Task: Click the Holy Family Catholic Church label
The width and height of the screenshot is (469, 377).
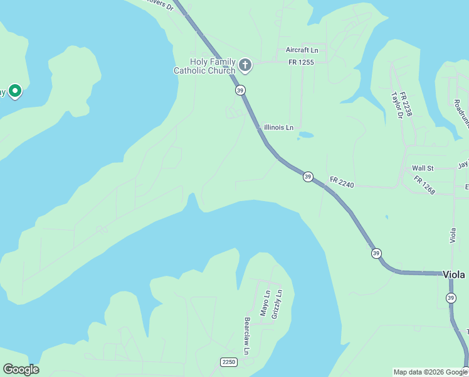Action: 204,66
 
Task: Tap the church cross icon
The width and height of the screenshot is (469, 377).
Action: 245,65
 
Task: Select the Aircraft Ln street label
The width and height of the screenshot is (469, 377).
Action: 302,50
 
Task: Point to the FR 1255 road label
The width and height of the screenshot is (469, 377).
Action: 301,62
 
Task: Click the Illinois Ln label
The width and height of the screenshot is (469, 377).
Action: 278,128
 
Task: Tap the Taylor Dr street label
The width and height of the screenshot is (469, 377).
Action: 396,106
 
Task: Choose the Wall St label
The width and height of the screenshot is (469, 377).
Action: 423,168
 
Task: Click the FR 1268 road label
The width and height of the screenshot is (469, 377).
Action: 424,185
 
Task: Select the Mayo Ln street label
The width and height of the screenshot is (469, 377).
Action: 265,303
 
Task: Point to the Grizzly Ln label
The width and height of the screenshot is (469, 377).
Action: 276,304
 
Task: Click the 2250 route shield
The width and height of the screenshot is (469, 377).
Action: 228,362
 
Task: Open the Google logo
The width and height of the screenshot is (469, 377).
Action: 21,369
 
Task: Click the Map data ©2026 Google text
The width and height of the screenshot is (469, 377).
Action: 430,372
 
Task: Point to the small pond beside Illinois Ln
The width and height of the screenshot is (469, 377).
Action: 306,134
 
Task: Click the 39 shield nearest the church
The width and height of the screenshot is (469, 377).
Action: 241,90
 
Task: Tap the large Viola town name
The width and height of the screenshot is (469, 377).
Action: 454,275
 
